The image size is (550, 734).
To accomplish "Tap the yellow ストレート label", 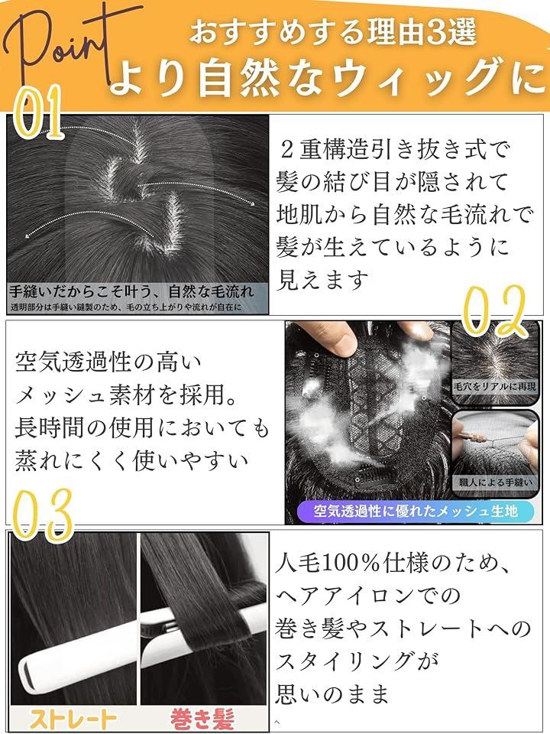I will coord(73,718).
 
